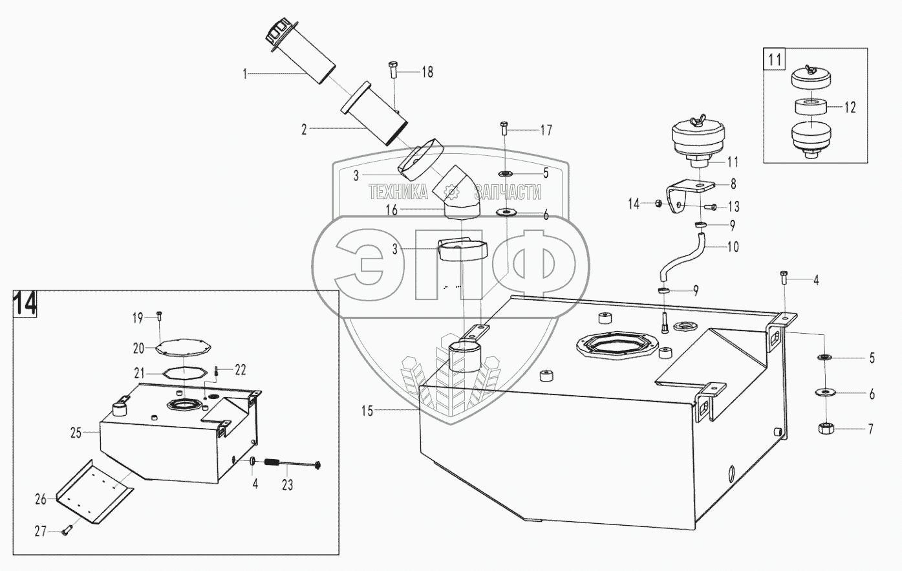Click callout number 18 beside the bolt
coord(427,72)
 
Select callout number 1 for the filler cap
coord(245,74)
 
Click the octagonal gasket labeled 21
coord(183,372)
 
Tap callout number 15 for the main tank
coord(367,411)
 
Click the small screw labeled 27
coord(67,532)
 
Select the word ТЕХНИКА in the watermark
coord(398,191)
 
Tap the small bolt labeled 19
coord(159,316)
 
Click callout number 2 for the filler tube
coord(304,129)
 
